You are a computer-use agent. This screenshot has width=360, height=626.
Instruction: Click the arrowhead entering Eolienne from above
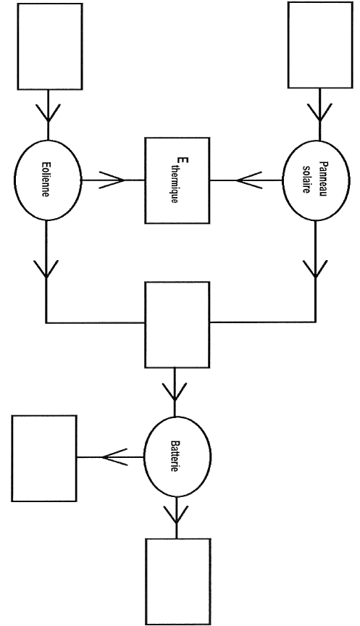48,113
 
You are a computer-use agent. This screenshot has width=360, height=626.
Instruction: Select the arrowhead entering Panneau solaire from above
319,112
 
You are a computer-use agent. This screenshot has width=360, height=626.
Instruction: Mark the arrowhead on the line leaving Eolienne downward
46,270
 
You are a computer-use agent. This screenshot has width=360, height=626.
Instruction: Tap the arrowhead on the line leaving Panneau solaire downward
315,269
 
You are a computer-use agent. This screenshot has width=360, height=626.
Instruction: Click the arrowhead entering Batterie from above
175,392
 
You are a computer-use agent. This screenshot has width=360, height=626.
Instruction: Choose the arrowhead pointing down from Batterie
176,514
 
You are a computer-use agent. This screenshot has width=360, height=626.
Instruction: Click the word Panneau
323,178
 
